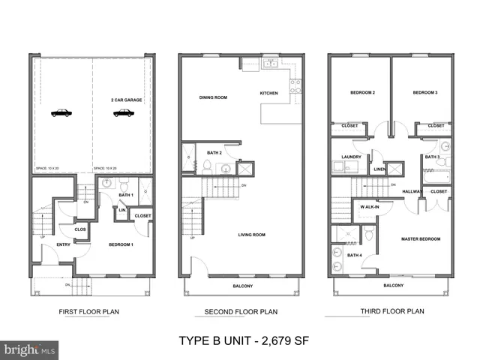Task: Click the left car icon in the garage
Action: (x=61, y=113)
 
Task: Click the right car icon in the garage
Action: (x=123, y=113)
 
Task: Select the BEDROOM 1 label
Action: (x=121, y=245)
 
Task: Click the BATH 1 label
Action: (x=126, y=196)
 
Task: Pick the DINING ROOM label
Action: (x=213, y=97)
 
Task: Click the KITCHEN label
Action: (x=268, y=93)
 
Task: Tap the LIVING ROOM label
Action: (x=251, y=235)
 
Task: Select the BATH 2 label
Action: (x=215, y=153)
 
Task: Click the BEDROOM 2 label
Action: (x=363, y=92)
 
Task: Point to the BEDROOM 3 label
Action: (x=424, y=92)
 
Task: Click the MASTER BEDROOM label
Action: (x=420, y=239)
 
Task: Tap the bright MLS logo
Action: (x=29, y=349)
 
